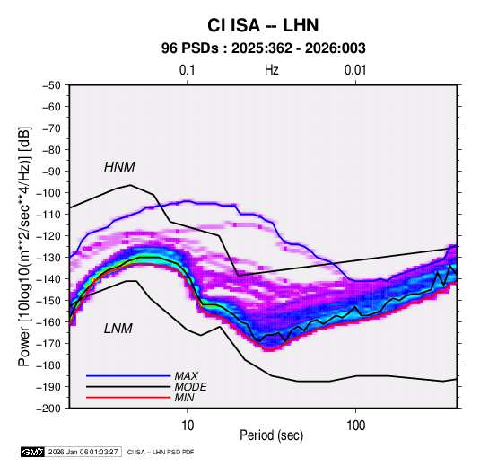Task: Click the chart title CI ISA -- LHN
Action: click(x=263, y=25)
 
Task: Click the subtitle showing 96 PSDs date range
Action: click(x=263, y=48)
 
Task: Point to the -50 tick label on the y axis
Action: click(x=51, y=85)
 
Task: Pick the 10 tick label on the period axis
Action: click(x=188, y=426)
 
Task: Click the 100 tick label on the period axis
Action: click(x=355, y=426)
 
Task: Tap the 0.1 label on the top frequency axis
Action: click(x=187, y=70)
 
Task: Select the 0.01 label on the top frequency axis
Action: click(x=355, y=70)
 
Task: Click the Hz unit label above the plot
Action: click(x=272, y=70)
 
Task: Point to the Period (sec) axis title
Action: click(x=272, y=435)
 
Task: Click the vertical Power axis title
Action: click(x=24, y=246)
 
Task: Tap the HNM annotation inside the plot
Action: click(x=119, y=167)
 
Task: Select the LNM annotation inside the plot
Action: click(x=118, y=329)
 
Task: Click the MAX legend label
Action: click(x=186, y=375)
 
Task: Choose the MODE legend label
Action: click(x=190, y=387)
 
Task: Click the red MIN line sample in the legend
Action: click(x=128, y=398)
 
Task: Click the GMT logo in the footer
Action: click(x=33, y=452)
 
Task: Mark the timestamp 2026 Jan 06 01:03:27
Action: click(x=83, y=452)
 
